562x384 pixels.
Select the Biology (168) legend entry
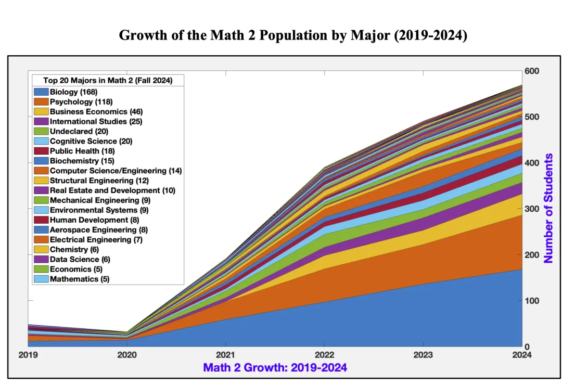click(x=73, y=92)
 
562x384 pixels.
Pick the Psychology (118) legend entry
click(x=81, y=101)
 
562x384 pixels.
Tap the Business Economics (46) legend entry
click(x=96, y=111)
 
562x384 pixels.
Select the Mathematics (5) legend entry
click(x=80, y=279)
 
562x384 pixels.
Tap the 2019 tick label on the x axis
click(x=28, y=355)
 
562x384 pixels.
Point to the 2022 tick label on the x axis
click(x=324, y=355)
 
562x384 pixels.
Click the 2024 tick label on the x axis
click(x=522, y=355)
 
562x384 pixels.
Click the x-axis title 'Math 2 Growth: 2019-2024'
click(x=275, y=368)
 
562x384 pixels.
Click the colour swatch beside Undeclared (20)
click(x=41, y=131)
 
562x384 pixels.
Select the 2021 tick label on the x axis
click(x=225, y=355)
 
